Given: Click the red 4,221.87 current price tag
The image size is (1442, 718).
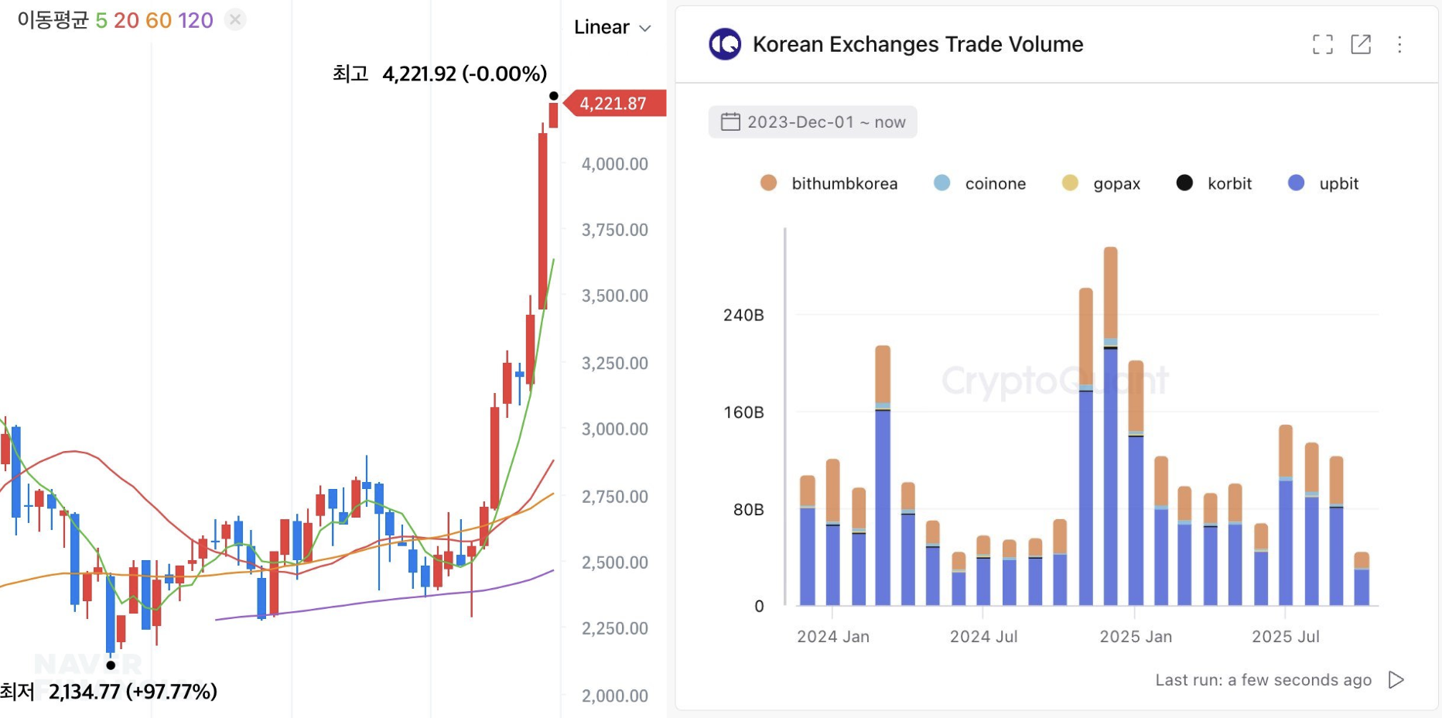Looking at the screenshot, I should (x=614, y=104).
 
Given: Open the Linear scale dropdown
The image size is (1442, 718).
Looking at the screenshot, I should (x=612, y=28).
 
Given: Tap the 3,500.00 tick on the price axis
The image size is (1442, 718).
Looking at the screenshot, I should (x=614, y=296).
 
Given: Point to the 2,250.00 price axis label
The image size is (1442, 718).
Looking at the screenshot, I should (x=614, y=628).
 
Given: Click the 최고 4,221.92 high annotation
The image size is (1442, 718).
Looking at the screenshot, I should (x=439, y=74).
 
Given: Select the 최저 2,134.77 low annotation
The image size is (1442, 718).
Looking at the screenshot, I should (x=109, y=691).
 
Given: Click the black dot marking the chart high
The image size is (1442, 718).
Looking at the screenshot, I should (x=554, y=96).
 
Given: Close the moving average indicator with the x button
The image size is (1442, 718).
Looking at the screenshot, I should (x=236, y=19).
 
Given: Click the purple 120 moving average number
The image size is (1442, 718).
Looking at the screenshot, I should (x=196, y=20).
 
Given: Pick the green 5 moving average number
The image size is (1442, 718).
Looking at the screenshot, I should (x=101, y=20).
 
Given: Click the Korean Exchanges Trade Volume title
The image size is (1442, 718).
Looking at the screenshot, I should (x=917, y=45).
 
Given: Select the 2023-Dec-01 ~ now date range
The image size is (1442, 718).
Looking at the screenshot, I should (x=813, y=122).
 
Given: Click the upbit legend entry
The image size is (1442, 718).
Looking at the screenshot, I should (x=1324, y=183).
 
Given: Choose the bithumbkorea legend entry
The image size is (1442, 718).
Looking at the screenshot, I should (x=829, y=183).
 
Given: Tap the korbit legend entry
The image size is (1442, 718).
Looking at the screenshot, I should (x=1214, y=183).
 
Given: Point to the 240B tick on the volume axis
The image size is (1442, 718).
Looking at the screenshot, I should (x=743, y=315).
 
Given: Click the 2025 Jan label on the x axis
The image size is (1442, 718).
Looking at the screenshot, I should (x=1136, y=637).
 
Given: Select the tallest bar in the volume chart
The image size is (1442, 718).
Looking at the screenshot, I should (x=1110, y=426).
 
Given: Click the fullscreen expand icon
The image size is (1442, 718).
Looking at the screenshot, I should (x=1323, y=45).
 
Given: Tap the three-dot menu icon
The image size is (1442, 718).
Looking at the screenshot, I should (x=1399, y=45).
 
